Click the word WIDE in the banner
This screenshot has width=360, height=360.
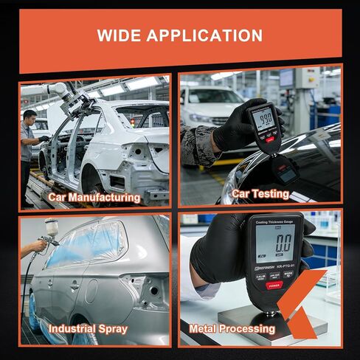click(121, 35)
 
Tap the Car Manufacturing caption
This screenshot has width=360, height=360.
click(94, 197)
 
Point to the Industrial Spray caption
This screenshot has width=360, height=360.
click(88, 328)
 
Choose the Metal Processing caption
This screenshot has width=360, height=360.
click(232, 328)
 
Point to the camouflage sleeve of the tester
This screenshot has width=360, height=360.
click(198, 144)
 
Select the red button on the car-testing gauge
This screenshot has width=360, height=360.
click(271, 138)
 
